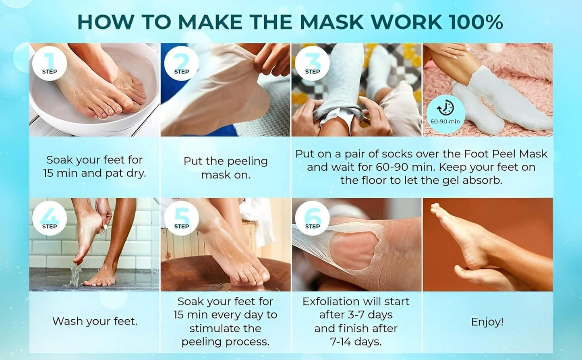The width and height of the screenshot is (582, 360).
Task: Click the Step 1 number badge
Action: [x=50, y=63]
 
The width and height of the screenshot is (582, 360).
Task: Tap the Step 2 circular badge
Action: [x=181, y=63]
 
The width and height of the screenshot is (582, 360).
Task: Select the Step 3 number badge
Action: [x=312, y=63]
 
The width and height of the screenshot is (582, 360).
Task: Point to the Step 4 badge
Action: [x=50, y=218]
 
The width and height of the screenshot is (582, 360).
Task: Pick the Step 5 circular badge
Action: [x=181, y=218]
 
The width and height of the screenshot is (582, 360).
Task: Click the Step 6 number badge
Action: [x=312, y=218]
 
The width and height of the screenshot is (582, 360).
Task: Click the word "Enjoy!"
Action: [x=487, y=322]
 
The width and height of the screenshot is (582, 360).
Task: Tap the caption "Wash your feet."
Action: [x=95, y=321]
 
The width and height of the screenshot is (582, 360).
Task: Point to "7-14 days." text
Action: [x=356, y=342]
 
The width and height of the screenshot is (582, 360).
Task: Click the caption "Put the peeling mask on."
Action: [x=226, y=168]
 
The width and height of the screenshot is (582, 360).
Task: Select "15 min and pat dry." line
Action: [x=95, y=174]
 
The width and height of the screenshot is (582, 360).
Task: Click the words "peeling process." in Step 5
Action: [x=226, y=342]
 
